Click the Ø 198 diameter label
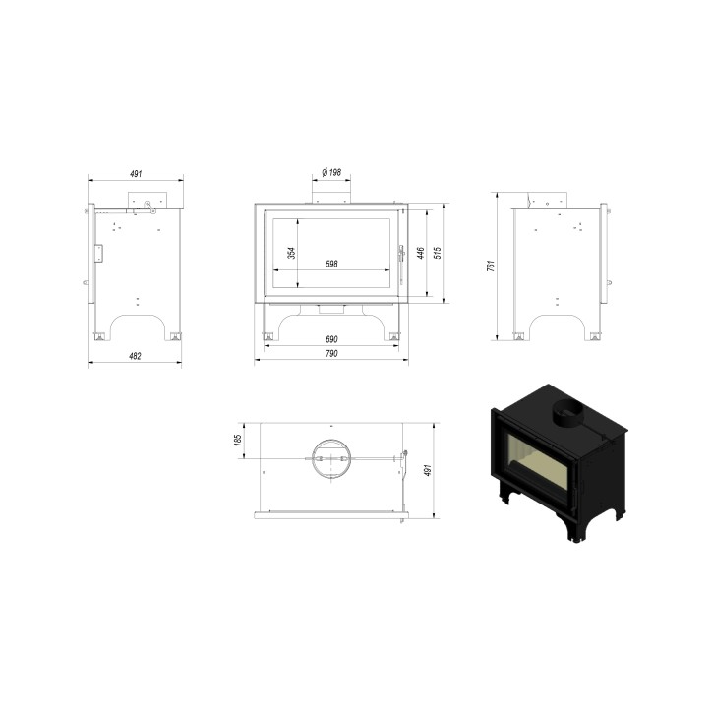[330, 172]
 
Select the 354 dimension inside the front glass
[292, 254]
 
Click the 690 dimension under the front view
[331, 339]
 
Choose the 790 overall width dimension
[331, 354]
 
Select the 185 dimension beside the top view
[238, 441]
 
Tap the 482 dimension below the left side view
[135, 356]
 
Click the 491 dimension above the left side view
[136, 174]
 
